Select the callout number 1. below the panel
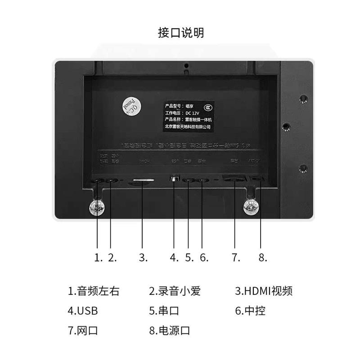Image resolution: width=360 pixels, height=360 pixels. click(x=99, y=257)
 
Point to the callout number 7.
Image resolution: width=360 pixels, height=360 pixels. click(x=236, y=257)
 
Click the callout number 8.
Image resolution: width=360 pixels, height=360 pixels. click(x=263, y=257)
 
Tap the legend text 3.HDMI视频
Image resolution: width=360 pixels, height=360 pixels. click(x=264, y=291)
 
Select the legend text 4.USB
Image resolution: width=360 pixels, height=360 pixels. click(x=83, y=311)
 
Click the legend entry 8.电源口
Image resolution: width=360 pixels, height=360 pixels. click(x=170, y=331)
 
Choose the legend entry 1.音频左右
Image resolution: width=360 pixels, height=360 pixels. click(x=94, y=291)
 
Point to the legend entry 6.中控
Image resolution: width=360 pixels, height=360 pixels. click(x=250, y=311)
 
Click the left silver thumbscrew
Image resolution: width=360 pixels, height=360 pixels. click(x=97, y=207)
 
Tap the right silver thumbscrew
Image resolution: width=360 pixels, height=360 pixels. click(x=251, y=207)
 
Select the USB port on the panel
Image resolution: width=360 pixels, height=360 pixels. click(x=175, y=179)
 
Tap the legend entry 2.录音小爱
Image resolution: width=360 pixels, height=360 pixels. click(x=175, y=291)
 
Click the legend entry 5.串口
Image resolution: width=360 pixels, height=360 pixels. click(x=164, y=311)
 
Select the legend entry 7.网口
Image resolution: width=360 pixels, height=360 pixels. click(x=83, y=331)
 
